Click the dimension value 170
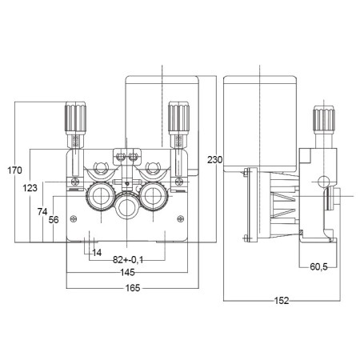pyautogui.click(x=14, y=170)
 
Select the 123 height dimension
pyautogui.click(x=30, y=187)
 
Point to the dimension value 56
pyautogui.click(x=54, y=219)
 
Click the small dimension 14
pyautogui.click(x=98, y=253)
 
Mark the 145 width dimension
pyautogui.click(x=128, y=273)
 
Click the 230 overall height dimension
pyautogui.click(x=214, y=159)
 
